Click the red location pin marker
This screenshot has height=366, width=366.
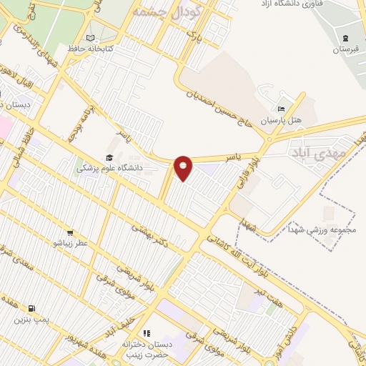tap(184, 167)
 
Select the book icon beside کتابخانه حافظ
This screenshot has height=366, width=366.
tap(89, 38)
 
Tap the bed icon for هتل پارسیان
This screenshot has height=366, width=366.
tap(281, 109)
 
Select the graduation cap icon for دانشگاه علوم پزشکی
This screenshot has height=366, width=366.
tap(109, 157)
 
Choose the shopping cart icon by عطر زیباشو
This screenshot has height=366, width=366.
tap(70, 232)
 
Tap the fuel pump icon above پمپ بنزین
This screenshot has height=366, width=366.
tap(29, 305)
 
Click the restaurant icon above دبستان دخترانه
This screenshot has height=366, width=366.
tap(147, 332)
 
